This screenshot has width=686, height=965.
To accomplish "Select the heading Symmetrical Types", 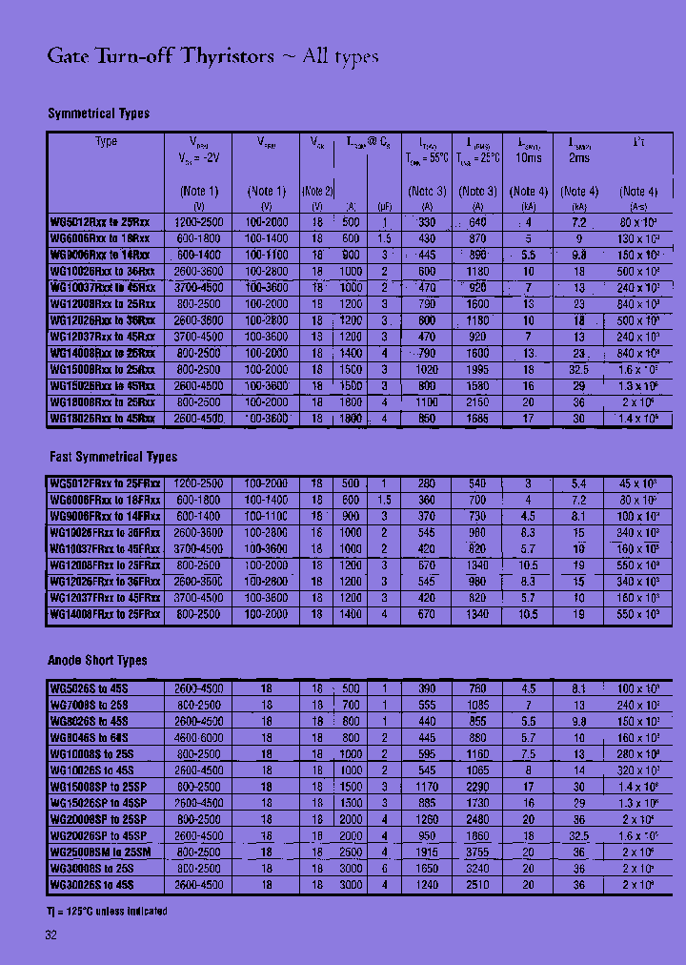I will click(x=98, y=113).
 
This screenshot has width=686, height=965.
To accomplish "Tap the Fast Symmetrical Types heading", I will click(x=112, y=457).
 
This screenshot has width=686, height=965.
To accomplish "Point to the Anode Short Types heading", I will click(x=97, y=660).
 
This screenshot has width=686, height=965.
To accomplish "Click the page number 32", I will click(x=50, y=935).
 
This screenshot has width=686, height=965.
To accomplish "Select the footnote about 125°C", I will click(x=106, y=912).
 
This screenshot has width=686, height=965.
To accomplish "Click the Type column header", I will click(x=106, y=141).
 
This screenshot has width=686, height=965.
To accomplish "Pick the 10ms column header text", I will click(x=529, y=157).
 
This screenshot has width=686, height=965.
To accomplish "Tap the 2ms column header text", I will click(x=579, y=157).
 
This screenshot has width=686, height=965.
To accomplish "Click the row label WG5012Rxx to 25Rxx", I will click(x=99, y=222).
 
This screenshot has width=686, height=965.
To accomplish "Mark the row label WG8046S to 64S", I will click(x=89, y=738).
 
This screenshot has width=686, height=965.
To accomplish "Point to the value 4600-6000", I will click(x=198, y=738).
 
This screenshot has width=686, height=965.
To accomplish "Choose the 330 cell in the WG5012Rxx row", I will click(x=427, y=222).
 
